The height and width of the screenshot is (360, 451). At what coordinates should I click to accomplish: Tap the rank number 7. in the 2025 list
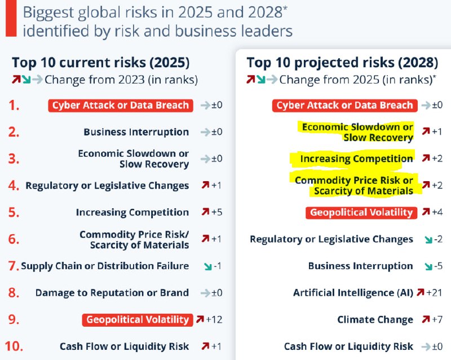point(12,266)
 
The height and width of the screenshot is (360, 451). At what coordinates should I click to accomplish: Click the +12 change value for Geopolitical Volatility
point(215,320)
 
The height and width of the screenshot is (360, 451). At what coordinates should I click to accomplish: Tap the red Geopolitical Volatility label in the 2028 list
point(361,213)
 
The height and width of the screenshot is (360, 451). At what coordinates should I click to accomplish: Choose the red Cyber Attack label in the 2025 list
point(121,106)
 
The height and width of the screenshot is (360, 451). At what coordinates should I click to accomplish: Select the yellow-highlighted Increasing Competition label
point(356,159)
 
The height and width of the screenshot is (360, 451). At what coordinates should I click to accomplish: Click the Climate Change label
point(375,320)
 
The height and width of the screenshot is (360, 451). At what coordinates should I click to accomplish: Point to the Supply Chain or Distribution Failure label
point(105,266)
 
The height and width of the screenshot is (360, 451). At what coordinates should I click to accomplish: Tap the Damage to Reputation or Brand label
point(112,293)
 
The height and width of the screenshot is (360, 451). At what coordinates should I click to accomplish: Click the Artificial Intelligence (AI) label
point(353,293)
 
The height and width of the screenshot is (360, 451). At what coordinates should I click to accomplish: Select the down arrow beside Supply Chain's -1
point(200,266)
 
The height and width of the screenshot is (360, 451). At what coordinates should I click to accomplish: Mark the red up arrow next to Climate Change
point(426,320)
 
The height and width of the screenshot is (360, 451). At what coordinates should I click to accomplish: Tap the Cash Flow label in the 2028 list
point(348,346)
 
